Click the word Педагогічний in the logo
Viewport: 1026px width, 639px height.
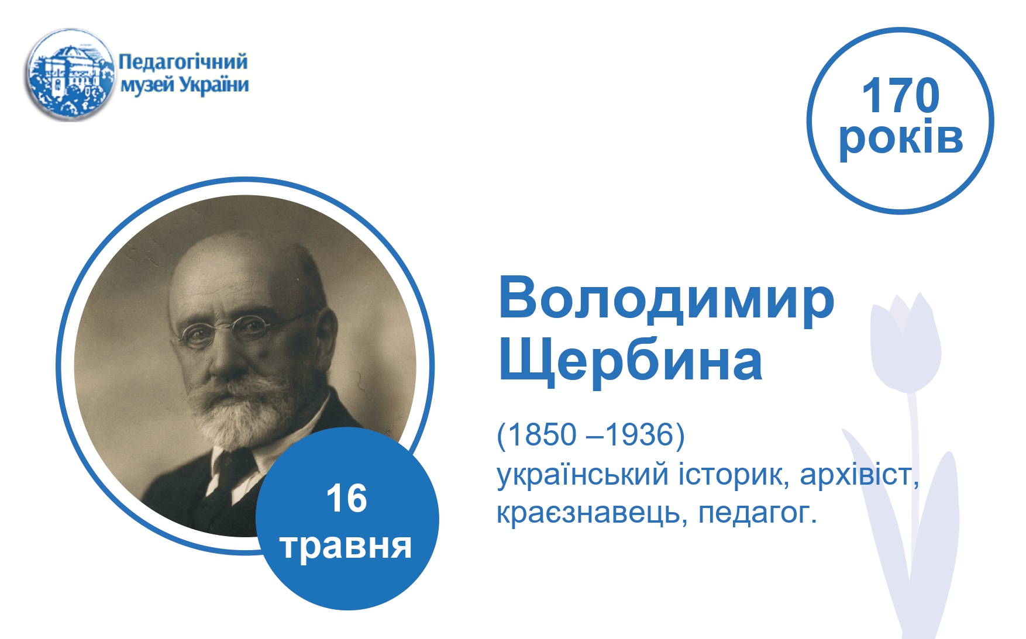[183, 61]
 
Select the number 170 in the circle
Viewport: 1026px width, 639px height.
[900, 95]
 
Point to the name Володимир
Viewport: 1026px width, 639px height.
[666, 299]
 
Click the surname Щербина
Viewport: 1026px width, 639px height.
[630, 360]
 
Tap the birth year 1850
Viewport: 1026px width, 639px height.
[542, 434]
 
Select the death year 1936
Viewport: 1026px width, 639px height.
[640, 434]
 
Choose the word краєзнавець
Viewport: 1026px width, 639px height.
[591, 513]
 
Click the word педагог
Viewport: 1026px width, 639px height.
[757, 514]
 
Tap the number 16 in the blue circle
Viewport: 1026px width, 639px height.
[347, 498]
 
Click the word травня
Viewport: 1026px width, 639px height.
[346, 546]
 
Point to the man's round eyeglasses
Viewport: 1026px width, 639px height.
[246, 329]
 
